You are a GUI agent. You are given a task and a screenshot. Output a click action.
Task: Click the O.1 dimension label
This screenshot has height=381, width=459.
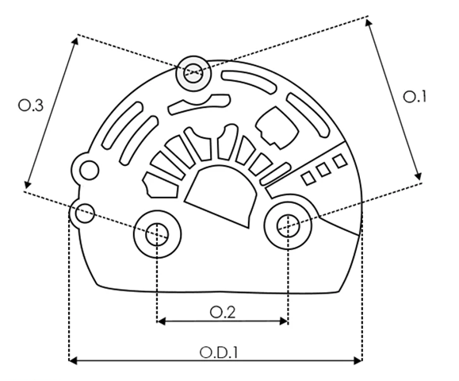point(415,97)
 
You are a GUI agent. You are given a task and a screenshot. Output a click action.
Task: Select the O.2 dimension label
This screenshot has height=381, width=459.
point(223,313)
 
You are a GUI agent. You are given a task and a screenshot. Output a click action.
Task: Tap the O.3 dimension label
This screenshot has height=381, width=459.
point(31,106)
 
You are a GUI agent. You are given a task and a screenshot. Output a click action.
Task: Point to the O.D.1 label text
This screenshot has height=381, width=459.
point(218,352)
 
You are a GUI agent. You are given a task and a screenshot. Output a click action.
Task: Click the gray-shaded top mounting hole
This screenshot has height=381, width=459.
point(193,73)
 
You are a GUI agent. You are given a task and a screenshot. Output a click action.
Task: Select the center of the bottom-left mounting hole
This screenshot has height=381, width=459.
point(157,234)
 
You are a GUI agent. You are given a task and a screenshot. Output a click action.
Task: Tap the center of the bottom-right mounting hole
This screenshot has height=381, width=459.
point(288,225)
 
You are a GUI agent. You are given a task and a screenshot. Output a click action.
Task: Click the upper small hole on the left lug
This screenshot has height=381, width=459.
point(90,170)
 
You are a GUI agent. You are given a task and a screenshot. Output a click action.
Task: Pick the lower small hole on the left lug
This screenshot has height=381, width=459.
point(85,213)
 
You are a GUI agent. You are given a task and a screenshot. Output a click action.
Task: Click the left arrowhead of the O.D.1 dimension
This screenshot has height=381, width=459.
point(73,360)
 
